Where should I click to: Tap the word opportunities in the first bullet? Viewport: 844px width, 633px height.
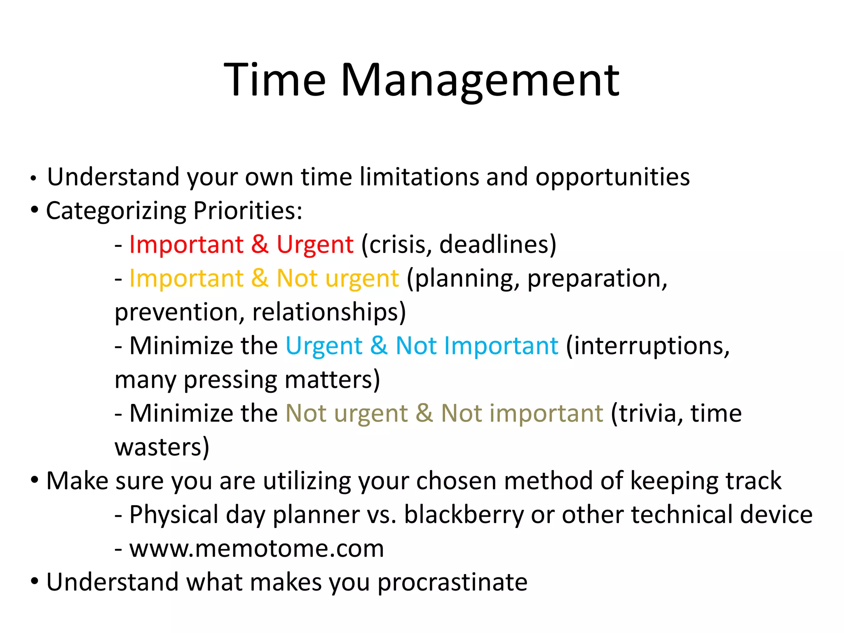[x=612, y=177]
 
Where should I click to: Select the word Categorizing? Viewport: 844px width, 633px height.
[x=116, y=211]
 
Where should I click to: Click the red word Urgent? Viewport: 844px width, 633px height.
[x=315, y=245]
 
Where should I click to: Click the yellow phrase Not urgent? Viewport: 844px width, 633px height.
[x=338, y=279]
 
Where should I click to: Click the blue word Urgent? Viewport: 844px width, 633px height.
[x=324, y=346]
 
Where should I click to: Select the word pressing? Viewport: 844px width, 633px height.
[x=230, y=380]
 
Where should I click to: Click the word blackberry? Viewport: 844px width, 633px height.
[x=463, y=515]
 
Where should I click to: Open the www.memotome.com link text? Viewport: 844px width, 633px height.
[x=256, y=549]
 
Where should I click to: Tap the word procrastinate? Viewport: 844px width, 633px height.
[x=452, y=582]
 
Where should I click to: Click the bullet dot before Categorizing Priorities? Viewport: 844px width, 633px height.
[x=35, y=211]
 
